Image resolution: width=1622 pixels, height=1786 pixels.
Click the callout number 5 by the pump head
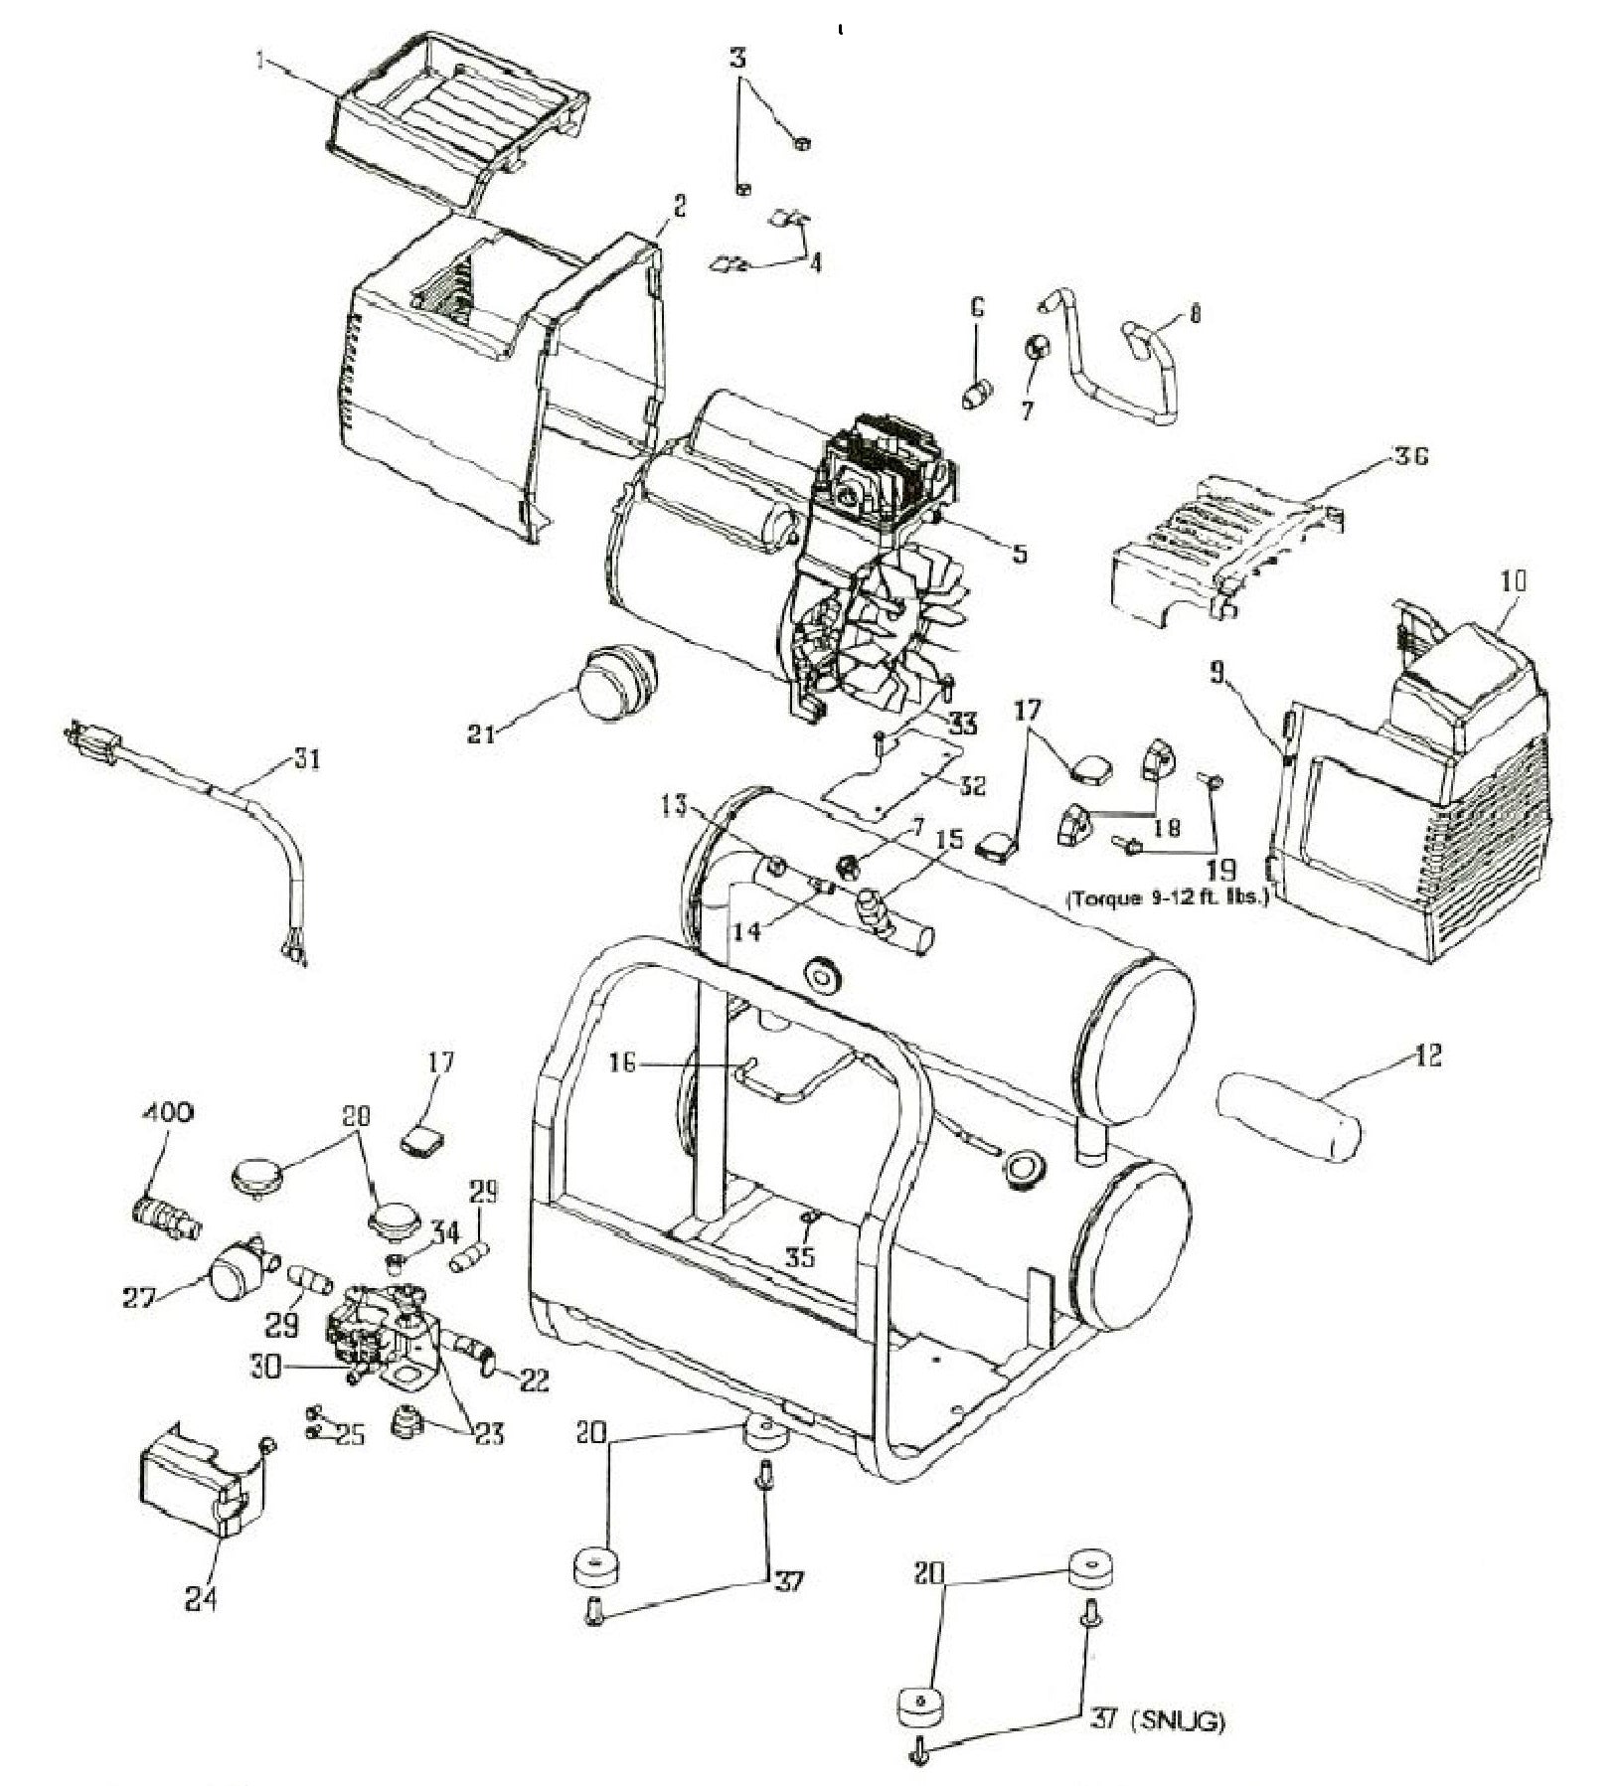pos(1019,553)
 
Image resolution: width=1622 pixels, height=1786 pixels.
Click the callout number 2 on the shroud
pos(679,206)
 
